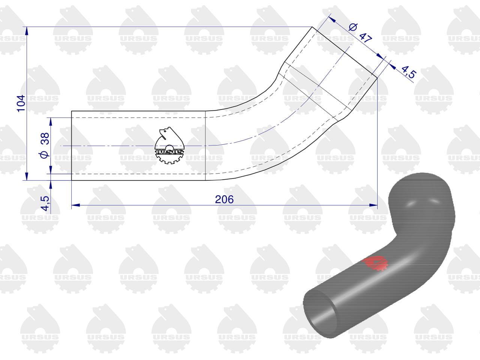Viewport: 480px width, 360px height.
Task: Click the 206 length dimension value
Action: point(224,199)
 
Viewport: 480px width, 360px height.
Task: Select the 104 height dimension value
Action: point(21,103)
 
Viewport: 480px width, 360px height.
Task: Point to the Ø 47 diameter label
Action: point(360,33)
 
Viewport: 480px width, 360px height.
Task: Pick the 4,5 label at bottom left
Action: point(45,203)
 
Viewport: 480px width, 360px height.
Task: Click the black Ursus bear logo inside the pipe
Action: point(169,145)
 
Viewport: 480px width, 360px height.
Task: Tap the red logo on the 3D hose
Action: point(375,263)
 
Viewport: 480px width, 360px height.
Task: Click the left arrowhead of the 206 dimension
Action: point(76,205)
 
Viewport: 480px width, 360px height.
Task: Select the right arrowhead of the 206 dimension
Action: point(373,205)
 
